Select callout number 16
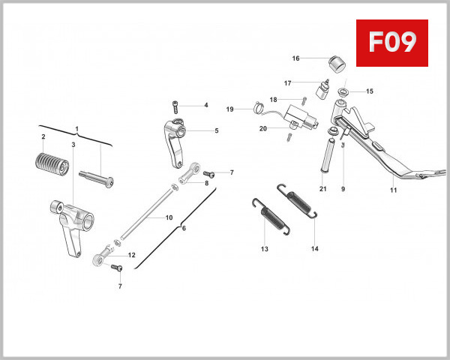coord(295,58)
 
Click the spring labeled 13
coord(264,214)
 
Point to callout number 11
coord(393,190)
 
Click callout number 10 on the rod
coord(169,217)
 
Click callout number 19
coord(230,109)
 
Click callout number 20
coord(263,128)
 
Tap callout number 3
coord(73,143)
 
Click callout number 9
coord(343,190)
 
